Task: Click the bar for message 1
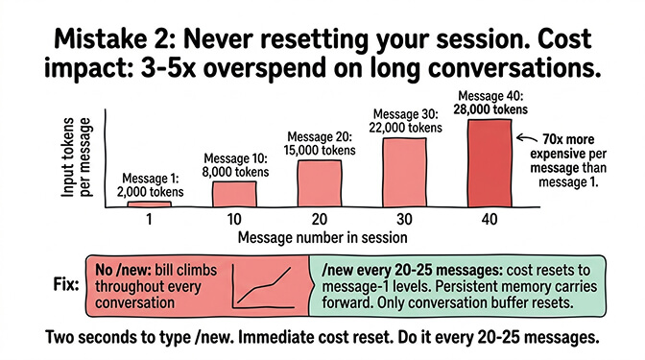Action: point(149,204)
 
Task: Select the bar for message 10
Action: point(234,193)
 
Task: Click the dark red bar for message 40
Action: point(490,161)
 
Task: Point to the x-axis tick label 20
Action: point(319,218)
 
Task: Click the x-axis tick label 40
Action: point(490,218)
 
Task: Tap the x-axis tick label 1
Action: point(149,218)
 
